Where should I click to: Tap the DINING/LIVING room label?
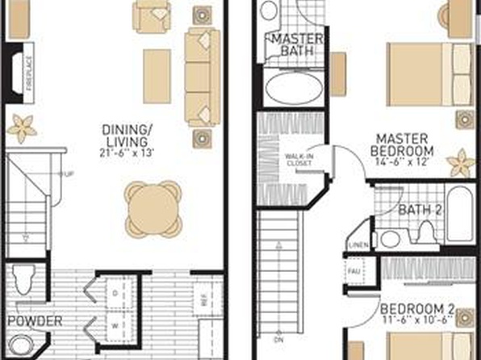129,135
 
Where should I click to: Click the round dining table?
153,207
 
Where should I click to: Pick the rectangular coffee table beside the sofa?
157,76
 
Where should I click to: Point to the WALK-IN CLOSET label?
299,160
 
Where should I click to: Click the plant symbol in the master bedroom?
461,162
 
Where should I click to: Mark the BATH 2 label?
420,210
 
